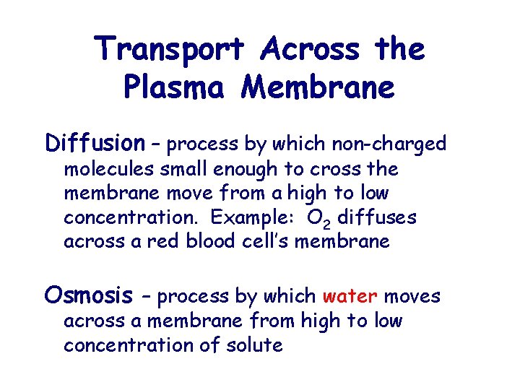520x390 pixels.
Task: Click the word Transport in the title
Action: click(171, 50)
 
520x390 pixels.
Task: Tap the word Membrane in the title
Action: click(318, 87)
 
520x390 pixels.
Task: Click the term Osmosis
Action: click(89, 295)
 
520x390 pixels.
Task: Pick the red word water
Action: click(350, 296)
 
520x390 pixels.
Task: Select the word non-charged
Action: click(389, 144)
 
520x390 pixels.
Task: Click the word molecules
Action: click(107, 169)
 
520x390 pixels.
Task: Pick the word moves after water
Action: click(412, 296)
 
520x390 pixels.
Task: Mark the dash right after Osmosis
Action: click(145, 296)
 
